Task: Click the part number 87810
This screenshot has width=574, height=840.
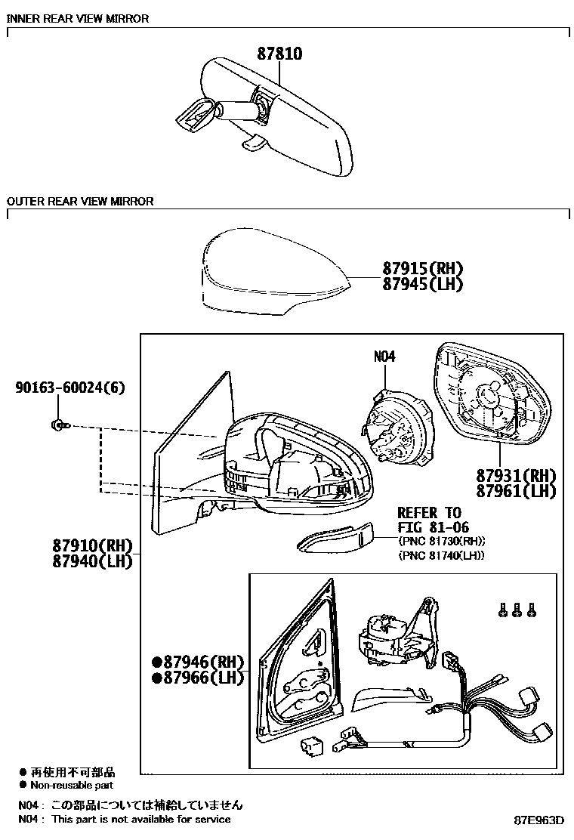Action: click(x=279, y=54)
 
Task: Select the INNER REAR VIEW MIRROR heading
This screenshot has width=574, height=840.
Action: click(x=78, y=18)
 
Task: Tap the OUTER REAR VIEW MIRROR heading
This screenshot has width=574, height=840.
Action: click(x=80, y=202)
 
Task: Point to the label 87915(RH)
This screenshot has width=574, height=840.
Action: click(x=422, y=269)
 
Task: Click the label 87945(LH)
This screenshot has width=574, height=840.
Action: click(x=422, y=284)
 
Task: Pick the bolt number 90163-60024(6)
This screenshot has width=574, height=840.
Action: click(x=69, y=388)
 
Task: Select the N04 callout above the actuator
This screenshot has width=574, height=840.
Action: click(x=384, y=357)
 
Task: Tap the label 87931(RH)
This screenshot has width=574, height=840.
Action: click(x=516, y=476)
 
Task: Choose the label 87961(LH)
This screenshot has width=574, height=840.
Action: click(x=516, y=491)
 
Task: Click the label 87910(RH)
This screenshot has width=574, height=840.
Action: click(x=92, y=545)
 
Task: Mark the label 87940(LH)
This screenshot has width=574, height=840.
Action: click(x=92, y=561)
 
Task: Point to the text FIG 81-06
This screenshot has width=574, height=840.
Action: click(x=433, y=527)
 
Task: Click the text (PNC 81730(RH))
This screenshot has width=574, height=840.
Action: click(x=441, y=542)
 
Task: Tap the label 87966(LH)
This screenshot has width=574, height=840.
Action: click(x=198, y=678)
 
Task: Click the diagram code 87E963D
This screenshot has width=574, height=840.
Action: click(x=539, y=820)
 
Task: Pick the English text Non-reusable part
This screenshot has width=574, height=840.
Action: click(x=72, y=786)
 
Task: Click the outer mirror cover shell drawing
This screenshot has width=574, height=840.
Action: click(x=272, y=272)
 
